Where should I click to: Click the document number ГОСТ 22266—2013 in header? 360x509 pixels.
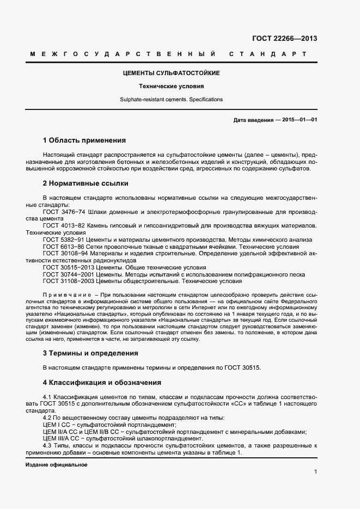284,39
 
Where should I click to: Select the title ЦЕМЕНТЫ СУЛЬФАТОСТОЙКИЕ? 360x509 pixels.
171,73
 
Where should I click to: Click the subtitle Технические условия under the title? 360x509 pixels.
171,86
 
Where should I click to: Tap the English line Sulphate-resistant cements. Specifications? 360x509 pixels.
171,100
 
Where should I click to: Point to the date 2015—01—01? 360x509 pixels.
300,120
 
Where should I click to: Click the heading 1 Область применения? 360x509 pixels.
84,140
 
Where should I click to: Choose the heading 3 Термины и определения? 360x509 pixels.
90,353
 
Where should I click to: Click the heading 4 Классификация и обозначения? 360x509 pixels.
101,383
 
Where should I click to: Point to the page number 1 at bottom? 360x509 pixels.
315,471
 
